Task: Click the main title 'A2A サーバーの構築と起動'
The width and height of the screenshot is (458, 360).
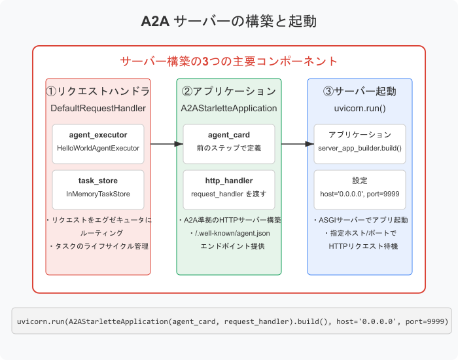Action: (229, 21)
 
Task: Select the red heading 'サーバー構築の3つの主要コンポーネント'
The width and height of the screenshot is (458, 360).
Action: (229, 62)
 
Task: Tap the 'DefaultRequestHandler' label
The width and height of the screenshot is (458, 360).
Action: (98, 107)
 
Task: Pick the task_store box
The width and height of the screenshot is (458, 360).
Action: (98, 187)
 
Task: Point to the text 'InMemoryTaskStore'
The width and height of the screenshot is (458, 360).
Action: (98, 194)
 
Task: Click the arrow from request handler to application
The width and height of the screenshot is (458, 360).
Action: (164, 143)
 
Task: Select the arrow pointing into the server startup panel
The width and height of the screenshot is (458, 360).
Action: (294, 143)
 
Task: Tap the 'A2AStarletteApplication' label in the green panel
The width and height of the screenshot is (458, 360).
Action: (229, 107)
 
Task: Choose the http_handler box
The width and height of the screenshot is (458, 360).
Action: (229, 187)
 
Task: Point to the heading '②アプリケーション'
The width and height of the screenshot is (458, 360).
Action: (229, 91)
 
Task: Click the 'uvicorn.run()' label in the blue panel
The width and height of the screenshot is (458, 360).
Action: (360, 107)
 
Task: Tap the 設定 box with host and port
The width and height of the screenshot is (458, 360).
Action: (360, 187)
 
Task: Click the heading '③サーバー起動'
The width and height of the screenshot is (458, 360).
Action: (360, 91)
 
